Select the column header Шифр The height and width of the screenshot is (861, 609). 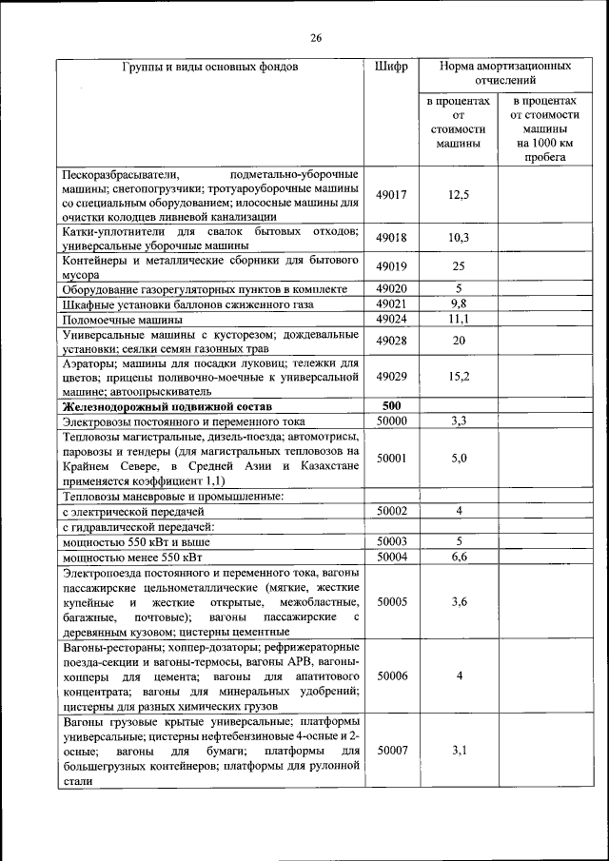[x=391, y=68]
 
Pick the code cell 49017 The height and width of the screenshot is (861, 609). [x=391, y=194]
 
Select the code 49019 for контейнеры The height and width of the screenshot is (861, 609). [x=391, y=266]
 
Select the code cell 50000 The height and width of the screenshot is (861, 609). [x=391, y=421]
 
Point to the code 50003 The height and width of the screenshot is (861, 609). [x=391, y=541]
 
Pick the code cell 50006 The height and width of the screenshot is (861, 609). [x=391, y=675]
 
